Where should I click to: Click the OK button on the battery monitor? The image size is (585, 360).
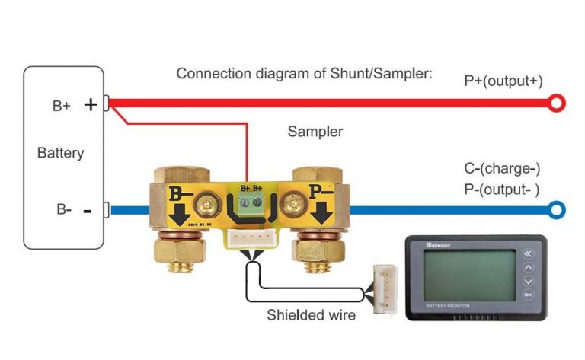coord(528,294)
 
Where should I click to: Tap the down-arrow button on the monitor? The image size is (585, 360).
coord(528,281)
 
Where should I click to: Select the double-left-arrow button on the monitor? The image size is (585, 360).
coord(528,253)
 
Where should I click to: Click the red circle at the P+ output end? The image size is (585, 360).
coord(558,103)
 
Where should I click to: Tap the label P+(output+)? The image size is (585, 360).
coord(503,81)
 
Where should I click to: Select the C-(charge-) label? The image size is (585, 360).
coord(502,168)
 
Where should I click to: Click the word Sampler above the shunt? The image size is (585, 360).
coord(315,132)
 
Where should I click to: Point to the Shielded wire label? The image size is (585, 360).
coord(311,314)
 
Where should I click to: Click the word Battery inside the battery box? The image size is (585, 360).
coord(60,153)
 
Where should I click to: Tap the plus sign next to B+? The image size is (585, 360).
coord(91,104)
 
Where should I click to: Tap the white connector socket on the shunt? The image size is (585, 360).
coord(251,237)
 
